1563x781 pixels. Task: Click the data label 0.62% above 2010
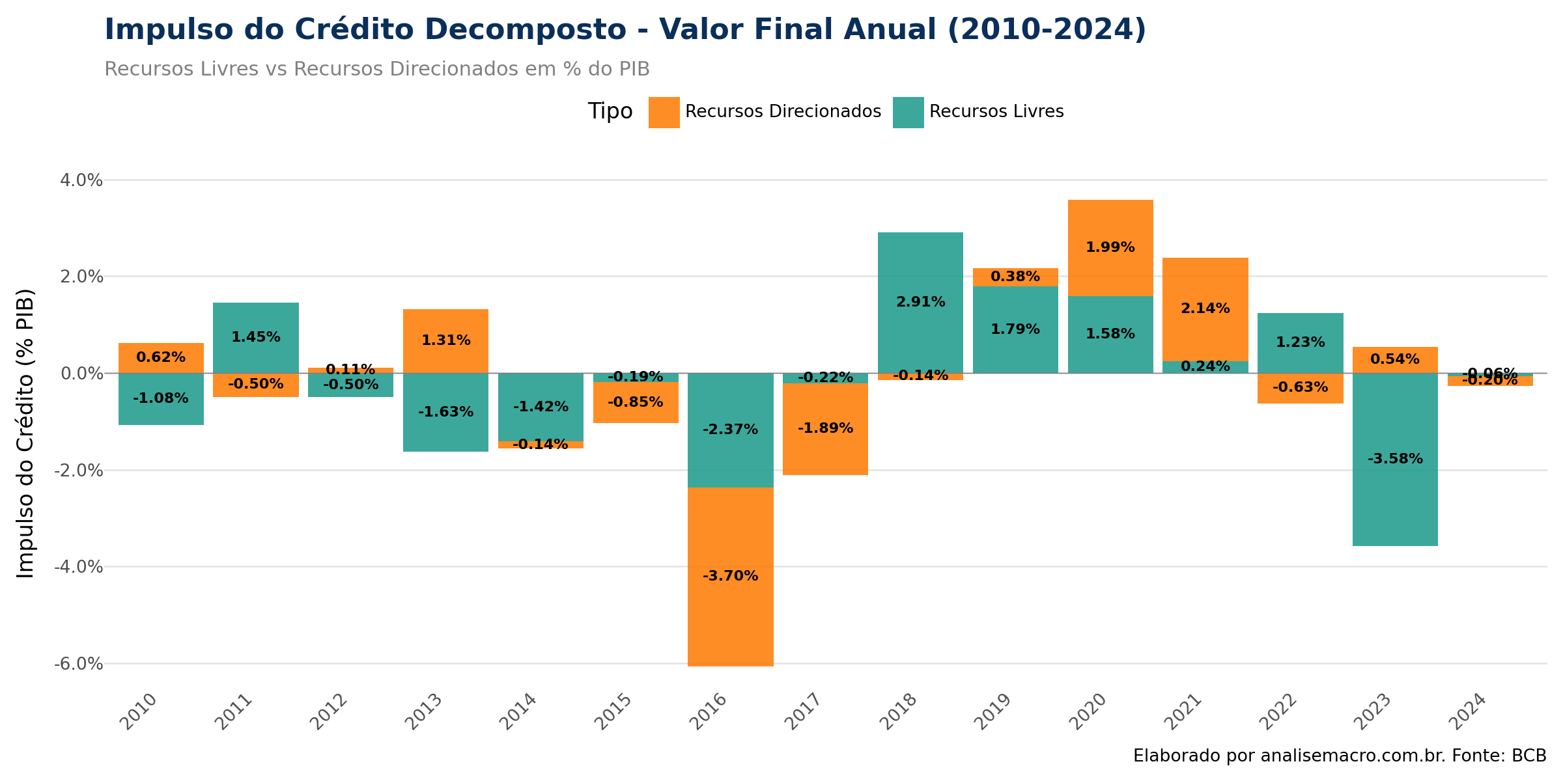(161, 357)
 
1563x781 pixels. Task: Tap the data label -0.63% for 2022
(1300, 387)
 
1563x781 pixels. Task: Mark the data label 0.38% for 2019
(1015, 277)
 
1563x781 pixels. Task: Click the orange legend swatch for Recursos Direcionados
(664, 112)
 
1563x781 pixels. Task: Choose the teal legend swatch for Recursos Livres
(908, 112)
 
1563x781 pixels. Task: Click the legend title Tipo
(610, 111)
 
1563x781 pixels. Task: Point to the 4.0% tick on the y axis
(81, 180)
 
